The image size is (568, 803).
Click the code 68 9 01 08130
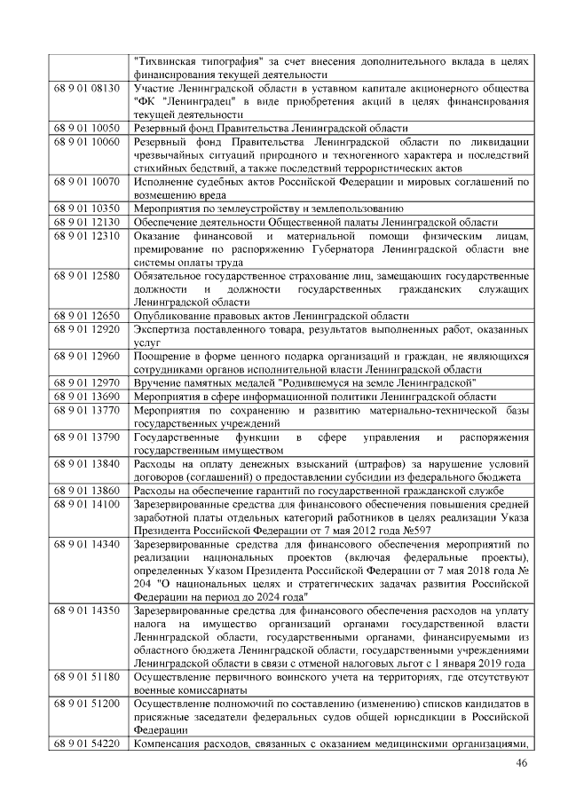[x=87, y=89]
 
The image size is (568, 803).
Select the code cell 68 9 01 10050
[x=87, y=128]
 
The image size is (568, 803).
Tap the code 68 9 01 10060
[x=87, y=141]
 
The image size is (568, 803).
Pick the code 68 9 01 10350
[x=87, y=208]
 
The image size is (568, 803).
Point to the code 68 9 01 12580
[x=87, y=275]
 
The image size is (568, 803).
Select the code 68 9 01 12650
[x=87, y=315]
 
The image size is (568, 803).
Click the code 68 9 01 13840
[x=87, y=463]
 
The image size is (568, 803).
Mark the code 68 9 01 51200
[x=87, y=704]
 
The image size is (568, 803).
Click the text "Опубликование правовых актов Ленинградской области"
[x=272, y=315]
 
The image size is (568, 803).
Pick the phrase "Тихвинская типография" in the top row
[x=196, y=61]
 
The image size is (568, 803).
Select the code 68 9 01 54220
[x=87, y=744]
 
